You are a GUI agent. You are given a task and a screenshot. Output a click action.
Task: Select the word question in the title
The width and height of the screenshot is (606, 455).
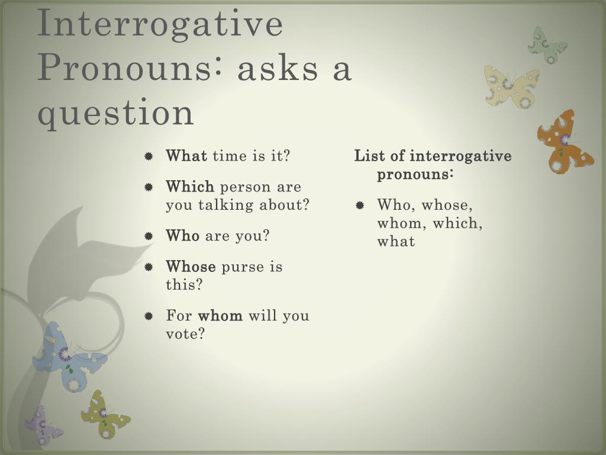coord(115,113)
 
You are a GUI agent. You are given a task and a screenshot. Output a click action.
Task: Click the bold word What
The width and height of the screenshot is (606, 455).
coord(186,156)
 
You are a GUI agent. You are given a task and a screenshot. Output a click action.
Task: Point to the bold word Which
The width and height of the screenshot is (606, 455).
coord(190,187)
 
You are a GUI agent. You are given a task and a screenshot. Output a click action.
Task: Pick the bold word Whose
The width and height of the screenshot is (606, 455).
coord(191,266)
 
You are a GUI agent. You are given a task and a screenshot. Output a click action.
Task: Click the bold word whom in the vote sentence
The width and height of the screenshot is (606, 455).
coord(220,315)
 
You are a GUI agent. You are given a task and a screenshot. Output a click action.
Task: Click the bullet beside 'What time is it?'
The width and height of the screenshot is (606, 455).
coord(149,156)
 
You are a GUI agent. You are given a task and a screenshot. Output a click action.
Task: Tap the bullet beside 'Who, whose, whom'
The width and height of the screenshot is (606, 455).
coord(360,205)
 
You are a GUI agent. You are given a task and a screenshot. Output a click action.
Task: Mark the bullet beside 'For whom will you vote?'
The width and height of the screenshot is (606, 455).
coord(149,316)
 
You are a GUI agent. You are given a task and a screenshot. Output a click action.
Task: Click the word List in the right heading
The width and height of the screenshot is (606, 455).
coord(369,156)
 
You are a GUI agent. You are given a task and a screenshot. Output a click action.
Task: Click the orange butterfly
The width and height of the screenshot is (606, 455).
coord(564,142)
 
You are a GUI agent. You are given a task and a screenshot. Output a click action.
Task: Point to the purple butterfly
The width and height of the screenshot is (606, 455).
coord(43,425)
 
